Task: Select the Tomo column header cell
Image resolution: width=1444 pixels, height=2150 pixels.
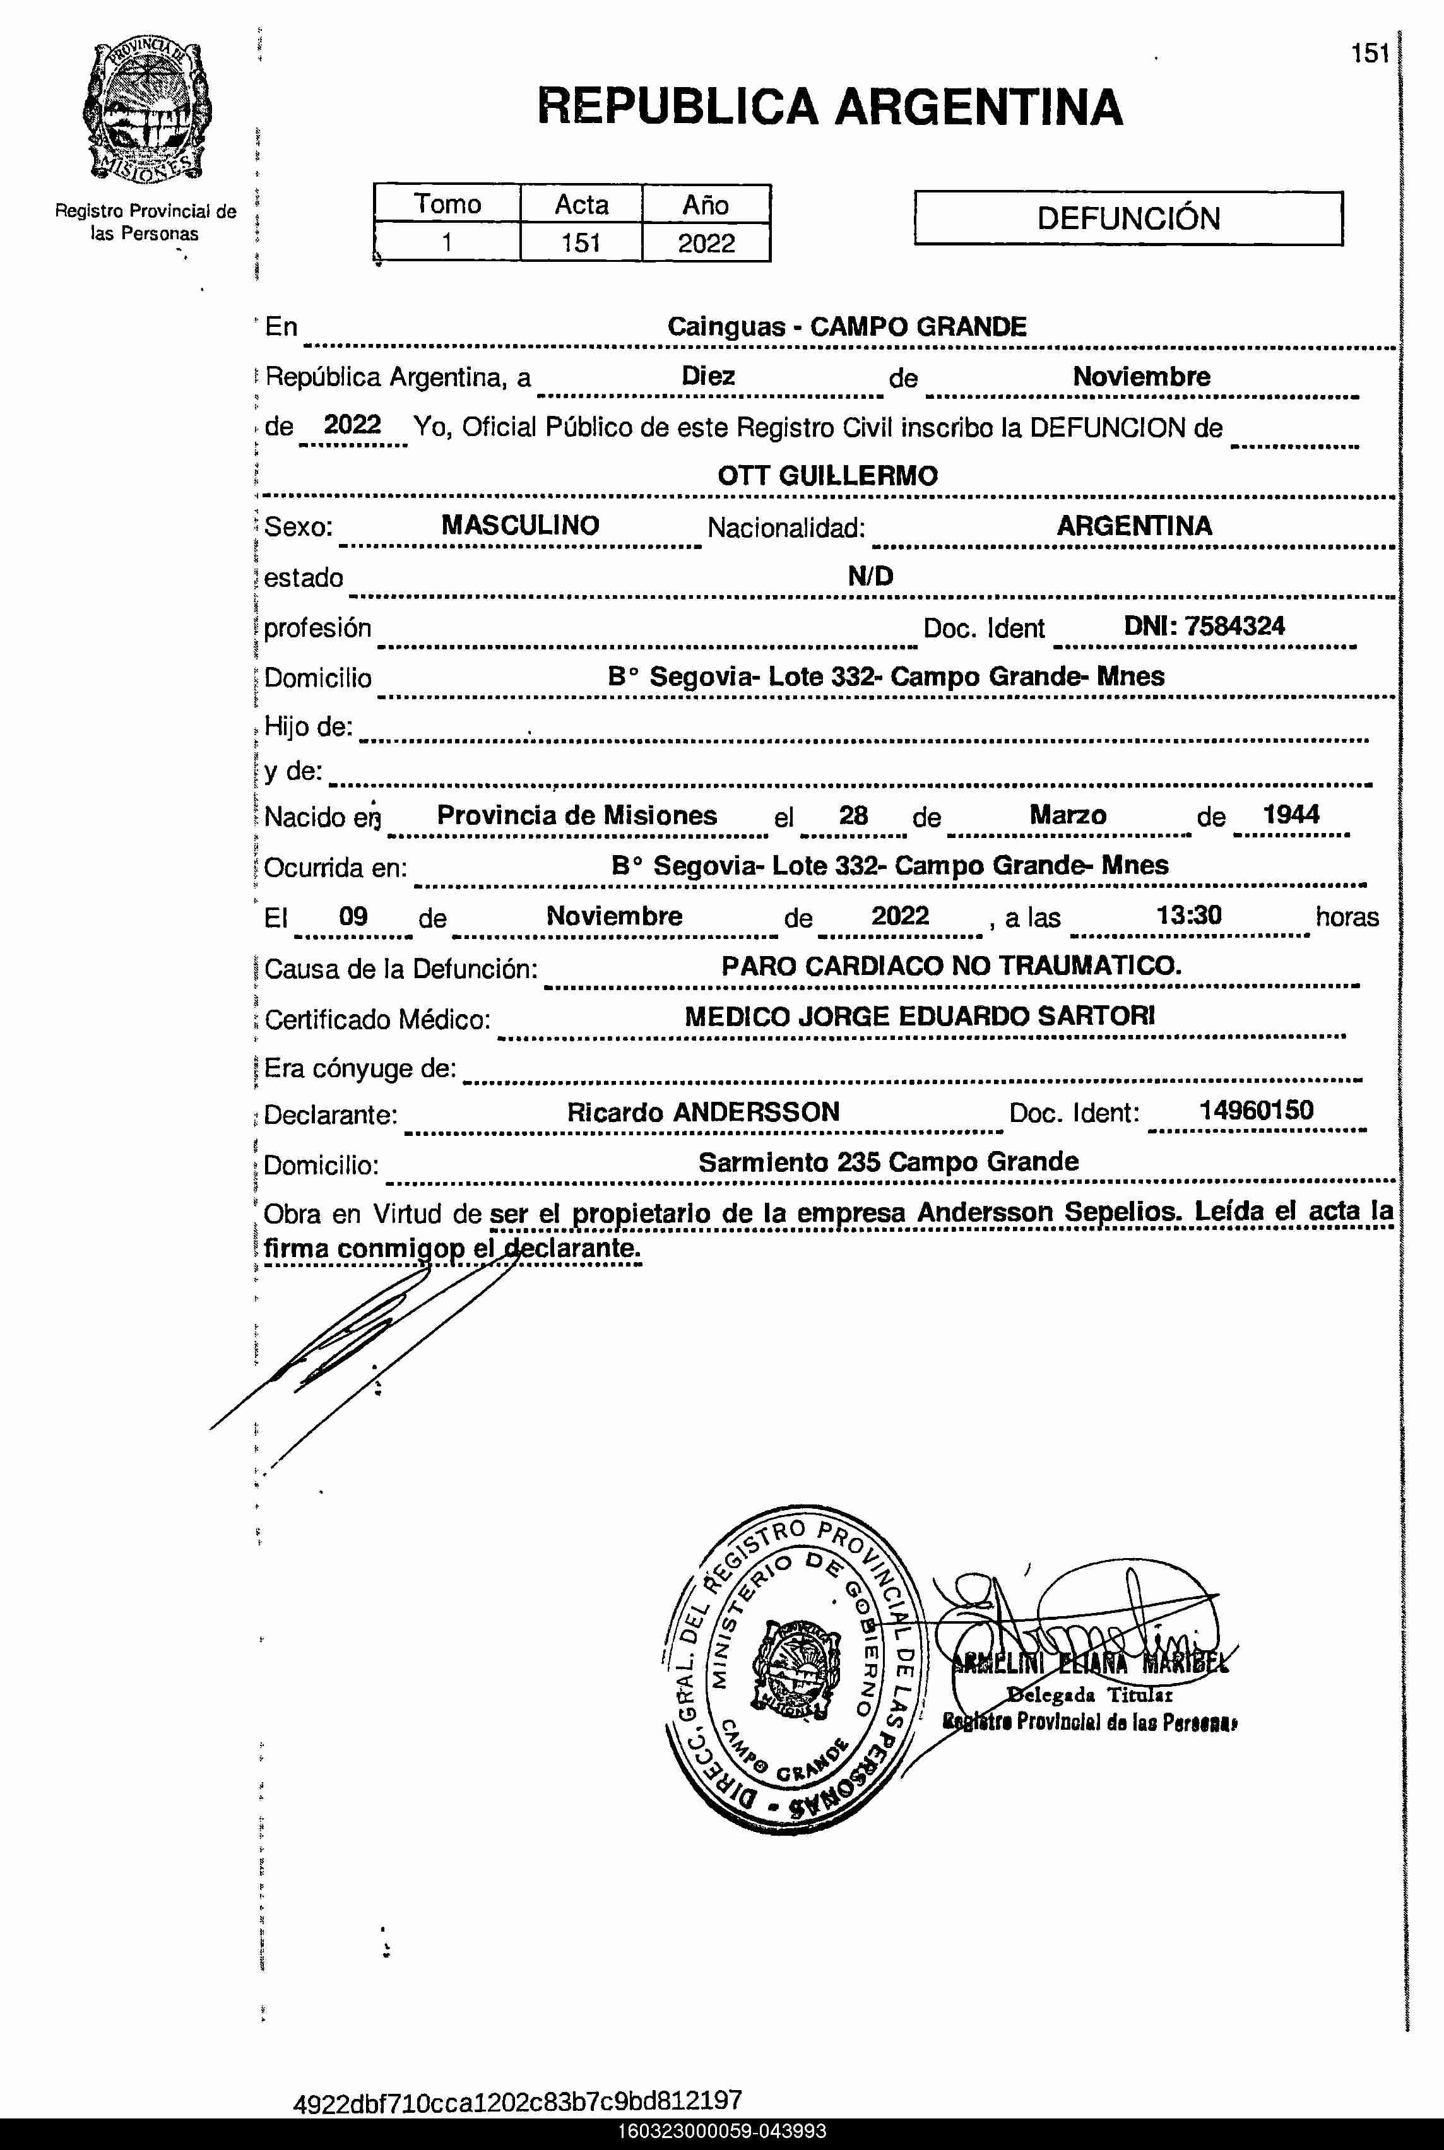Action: click(447, 203)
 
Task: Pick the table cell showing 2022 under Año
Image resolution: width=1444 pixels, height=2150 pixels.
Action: click(706, 243)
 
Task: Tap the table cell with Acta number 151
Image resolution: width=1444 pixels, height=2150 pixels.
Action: click(581, 243)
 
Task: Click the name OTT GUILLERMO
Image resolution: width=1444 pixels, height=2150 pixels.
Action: click(827, 475)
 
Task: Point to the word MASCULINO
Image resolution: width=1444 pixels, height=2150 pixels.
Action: click(519, 525)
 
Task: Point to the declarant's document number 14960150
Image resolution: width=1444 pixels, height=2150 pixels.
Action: click(1255, 1109)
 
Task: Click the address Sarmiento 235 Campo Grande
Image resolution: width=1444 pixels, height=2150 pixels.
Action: click(888, 1161)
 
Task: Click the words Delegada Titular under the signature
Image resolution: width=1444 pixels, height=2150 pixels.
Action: click(1089, 1694)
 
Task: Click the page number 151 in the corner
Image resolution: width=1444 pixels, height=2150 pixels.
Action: click(1370, 54)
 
